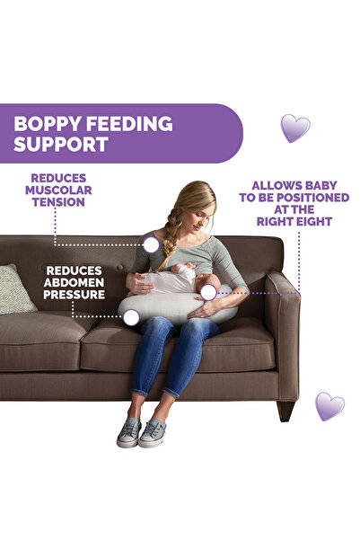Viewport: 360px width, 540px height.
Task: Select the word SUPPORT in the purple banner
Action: click(62, 144)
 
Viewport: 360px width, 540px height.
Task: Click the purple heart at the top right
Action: click(294, 128)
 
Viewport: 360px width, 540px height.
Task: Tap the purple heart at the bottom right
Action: click(329, 406)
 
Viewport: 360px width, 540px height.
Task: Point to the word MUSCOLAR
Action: click(58, 190)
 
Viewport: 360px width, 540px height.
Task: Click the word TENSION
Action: click(58, 202)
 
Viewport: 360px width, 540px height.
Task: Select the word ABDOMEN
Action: click(75, 281)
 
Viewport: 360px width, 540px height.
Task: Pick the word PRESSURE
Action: click(75, 294)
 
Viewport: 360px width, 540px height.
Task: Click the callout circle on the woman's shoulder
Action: click(151, 244)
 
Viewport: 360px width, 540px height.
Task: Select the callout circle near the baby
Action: click(208, 292)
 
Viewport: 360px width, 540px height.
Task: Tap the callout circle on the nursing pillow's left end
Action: click(131, 316)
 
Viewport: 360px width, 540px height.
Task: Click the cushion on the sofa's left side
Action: click(16, 288)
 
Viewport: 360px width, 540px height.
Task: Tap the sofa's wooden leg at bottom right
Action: click(285, 410)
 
